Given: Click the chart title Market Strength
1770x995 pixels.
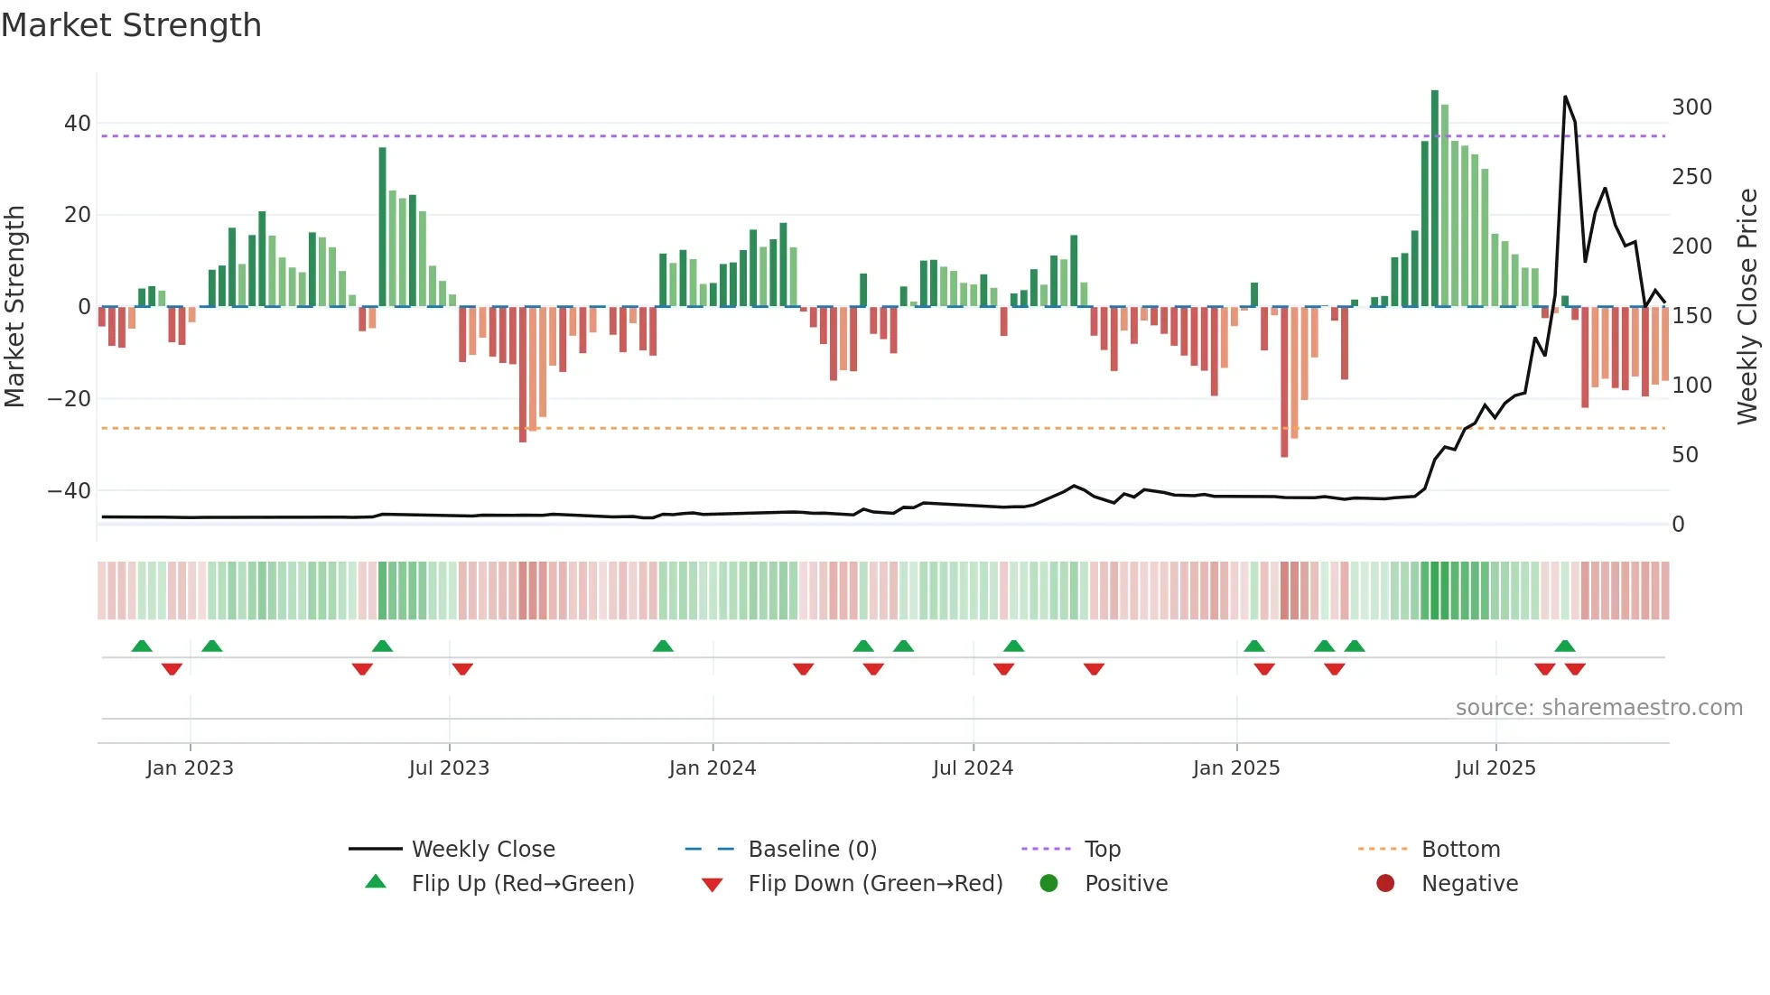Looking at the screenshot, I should point(131,25).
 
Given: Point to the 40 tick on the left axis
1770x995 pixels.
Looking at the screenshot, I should point(78,123).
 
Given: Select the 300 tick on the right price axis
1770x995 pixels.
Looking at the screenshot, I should point(1691,107).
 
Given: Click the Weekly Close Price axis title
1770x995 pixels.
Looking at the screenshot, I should point(1747,307).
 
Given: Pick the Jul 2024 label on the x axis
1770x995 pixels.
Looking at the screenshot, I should point(973,768).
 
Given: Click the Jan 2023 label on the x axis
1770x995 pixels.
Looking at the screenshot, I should point(190,768).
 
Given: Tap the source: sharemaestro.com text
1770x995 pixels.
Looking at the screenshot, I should point(1598,708).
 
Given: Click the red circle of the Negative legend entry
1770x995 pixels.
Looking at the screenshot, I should point(1385,883).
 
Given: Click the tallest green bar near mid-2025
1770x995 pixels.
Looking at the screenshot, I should point(1434,199).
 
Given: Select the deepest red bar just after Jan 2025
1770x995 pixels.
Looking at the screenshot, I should point(1284,381).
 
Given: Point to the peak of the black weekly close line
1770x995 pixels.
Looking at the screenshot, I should point(1565,98).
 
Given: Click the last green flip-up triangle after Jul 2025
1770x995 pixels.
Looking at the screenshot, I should point(1565,646).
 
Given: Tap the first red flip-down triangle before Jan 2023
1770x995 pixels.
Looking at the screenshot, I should point(172,669).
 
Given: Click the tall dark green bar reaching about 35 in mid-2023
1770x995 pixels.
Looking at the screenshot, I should point(382,226).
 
